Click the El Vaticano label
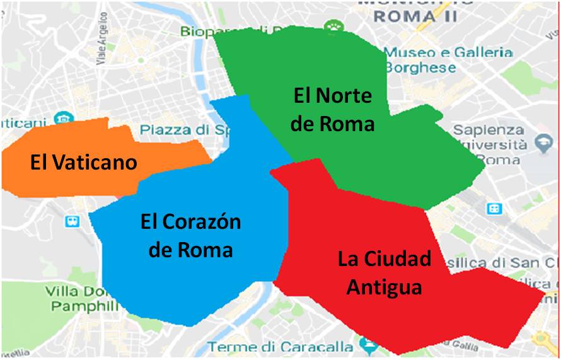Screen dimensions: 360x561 (83, 163)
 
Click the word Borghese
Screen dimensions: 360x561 (420, 67)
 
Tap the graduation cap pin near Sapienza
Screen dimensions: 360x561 (542, 144)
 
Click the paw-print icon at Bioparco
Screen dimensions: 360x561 (331, 26)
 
